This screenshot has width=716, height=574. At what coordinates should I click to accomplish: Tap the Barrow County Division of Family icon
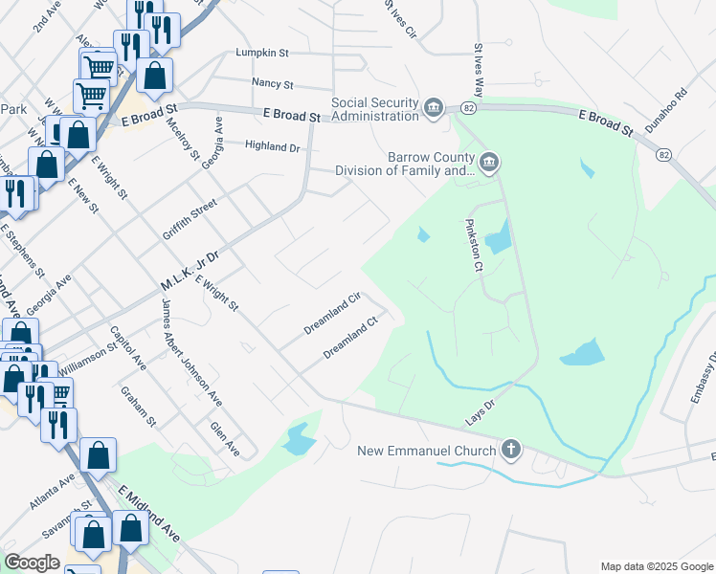click(x=489, y=161)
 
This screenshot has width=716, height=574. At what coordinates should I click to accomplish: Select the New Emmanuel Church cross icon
click(x=512, y=450)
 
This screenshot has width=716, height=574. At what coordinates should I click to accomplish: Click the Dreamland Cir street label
click(x=331, y=313)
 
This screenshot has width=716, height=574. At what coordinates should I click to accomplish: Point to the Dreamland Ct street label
click(x=351, y=339)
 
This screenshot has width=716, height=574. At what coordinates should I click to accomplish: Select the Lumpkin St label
click(x=261, y=54)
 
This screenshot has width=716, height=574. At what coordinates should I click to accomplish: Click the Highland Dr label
click(x=273, y=147)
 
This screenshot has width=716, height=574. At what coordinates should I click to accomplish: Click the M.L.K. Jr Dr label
click(x=190, y=271)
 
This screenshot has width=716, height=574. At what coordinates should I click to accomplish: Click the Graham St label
click(x=139, y=406)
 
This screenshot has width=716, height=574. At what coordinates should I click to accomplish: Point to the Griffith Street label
click(x=190, y=220)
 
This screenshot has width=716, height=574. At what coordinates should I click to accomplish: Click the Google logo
click(x=33, y=563)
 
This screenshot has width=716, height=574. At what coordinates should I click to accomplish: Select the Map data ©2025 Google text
click(x=656, y=566)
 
